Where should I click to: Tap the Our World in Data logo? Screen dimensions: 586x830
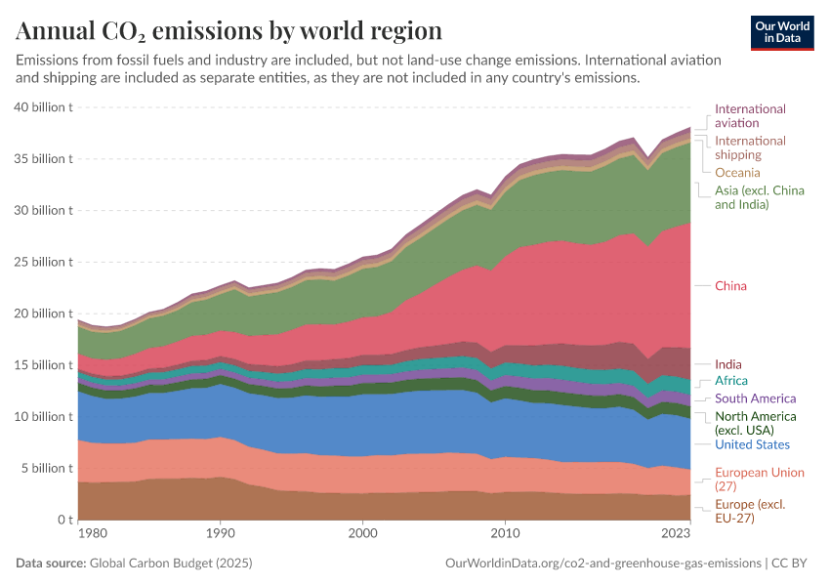[781, 32]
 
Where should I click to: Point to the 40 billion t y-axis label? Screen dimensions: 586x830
[44, 107]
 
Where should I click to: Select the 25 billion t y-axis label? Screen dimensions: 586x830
[44, 262]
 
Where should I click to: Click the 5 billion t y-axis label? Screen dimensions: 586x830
[47, 468]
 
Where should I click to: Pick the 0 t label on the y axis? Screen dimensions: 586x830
[63, 520]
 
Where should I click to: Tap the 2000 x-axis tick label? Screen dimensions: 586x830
[362, 533]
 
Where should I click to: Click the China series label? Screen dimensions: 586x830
[730, 286]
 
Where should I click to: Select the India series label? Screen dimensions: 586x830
[728, 364]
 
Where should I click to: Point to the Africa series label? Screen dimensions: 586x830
[731, 380]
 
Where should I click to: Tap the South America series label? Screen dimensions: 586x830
[755, 398]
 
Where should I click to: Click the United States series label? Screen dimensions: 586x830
[752, 445]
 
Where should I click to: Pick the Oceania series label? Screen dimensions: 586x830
[737, 173]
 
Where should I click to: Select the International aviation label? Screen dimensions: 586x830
[750, 116]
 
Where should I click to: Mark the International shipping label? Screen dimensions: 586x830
[750, 147]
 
